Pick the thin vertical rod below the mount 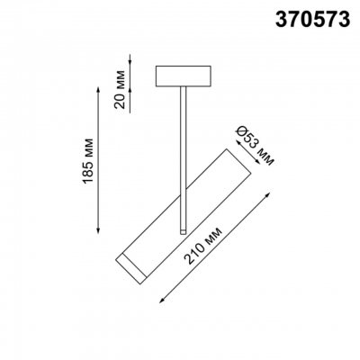(182, 153)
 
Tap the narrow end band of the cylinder (126, 267)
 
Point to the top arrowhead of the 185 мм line (97, 87)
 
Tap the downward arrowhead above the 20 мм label (132, 62)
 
